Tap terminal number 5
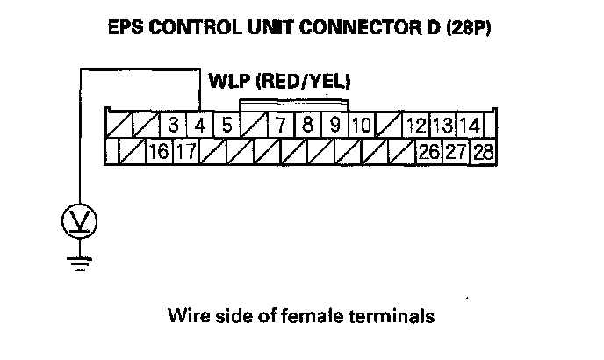point(226,125)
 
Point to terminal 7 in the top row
point(280,125)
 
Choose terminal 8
point(307,125)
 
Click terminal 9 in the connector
point(334,125)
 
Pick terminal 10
point(361,125)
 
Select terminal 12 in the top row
point(416,125)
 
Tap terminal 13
point(442,125)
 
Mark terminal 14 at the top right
point(470,125)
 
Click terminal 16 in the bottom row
point(158,151)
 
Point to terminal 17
point(184,151)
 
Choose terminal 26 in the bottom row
point(428,151)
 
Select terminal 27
point(455,151)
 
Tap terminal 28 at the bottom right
point(482,151)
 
